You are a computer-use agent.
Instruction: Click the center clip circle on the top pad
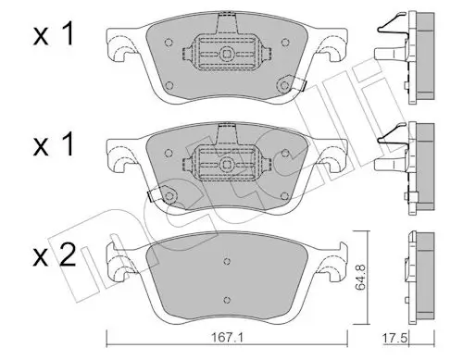pyautogui.click(x=227, y=55)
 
